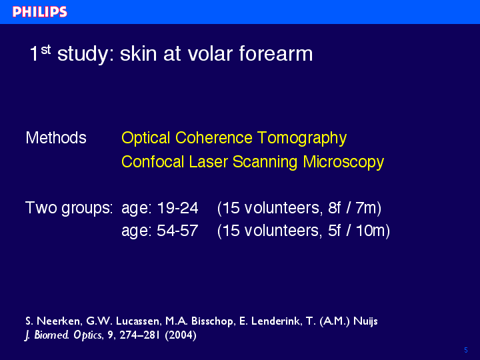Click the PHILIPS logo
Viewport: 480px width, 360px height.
coord(40,12)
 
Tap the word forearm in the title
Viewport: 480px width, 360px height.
coord(276,53)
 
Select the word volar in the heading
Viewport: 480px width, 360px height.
coord(210,53)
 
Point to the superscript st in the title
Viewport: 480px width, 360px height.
coord(46,49)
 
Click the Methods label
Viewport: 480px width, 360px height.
coord(56,137)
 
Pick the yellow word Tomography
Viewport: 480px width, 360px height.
coord(302,139)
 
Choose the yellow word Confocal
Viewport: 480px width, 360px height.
coord(153,161)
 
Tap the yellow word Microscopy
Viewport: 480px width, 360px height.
coord(343,162)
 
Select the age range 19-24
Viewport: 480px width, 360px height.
coord(177,208)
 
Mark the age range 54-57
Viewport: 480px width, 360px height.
coord(177,231)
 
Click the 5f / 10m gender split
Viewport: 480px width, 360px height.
coord(357,231)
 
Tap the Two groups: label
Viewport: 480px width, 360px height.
coord(69,209)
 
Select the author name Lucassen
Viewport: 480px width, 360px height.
coord(138,321)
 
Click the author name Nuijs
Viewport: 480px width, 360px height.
coord(365,321)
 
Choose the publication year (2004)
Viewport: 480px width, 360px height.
coord(181,335)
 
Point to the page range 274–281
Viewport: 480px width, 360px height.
coord(139,335)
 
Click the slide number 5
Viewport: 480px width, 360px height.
coord(466,350)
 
